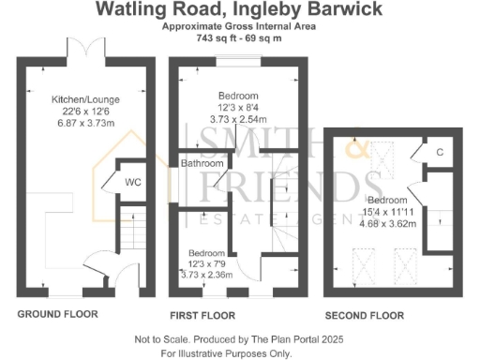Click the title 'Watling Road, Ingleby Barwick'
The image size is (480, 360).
[239, 10]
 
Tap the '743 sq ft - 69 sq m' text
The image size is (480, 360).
[238, 39]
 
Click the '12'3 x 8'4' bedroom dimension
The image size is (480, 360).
[239, 108]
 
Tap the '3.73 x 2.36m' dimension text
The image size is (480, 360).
[206, 276]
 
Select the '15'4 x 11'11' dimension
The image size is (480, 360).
[386, 213]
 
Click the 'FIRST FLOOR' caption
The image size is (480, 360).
[202, 315]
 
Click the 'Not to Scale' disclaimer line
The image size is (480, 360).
[239, 339]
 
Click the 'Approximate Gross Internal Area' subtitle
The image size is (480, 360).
[238, 28]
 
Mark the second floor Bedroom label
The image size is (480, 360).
[386, 201]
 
